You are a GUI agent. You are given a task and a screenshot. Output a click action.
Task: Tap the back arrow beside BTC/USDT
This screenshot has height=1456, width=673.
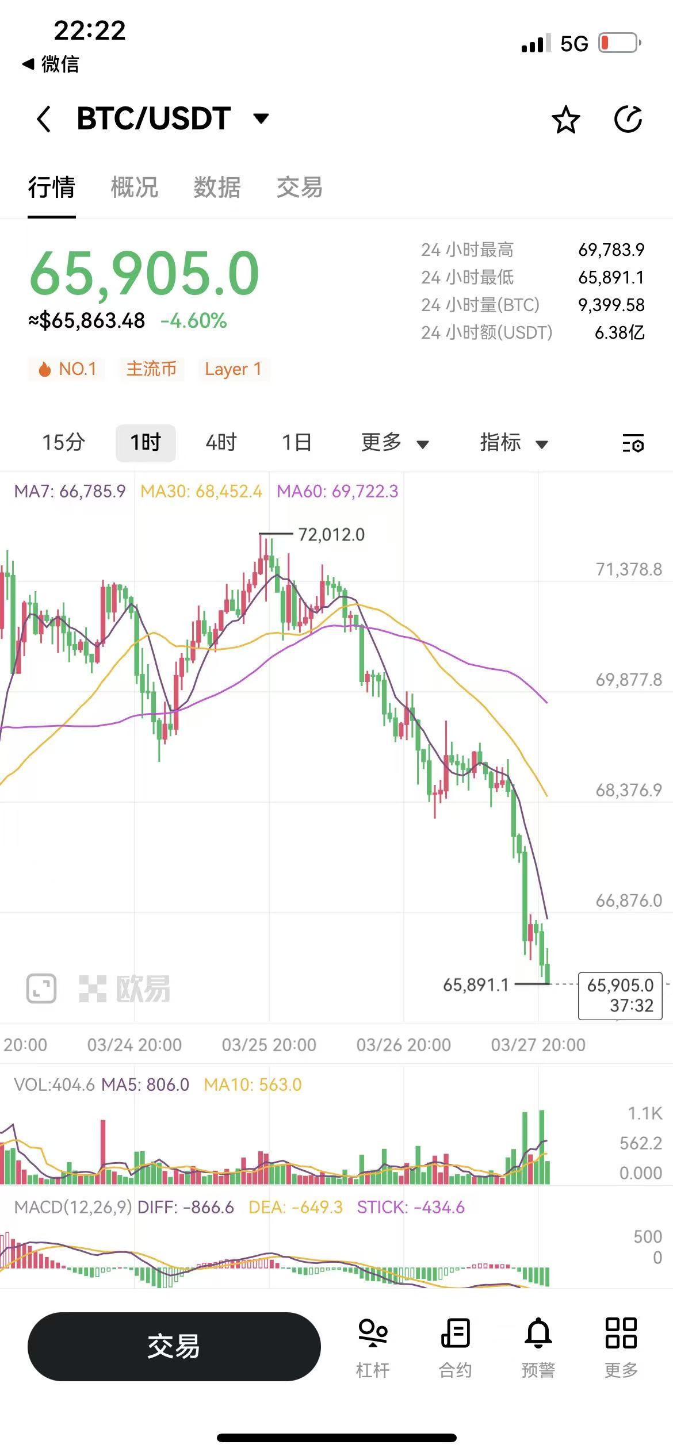coord(44,119)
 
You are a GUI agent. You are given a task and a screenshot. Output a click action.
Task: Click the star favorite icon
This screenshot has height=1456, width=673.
coord(565,120)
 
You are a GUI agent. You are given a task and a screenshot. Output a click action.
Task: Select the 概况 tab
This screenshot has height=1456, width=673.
coord(134,187)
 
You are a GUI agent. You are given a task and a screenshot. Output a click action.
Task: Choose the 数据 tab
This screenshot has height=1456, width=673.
coord(217,187)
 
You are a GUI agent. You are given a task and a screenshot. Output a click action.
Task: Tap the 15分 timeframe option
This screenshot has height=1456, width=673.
coord(63,443)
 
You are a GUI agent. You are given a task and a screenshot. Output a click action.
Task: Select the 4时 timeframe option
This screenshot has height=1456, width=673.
coord(221,443)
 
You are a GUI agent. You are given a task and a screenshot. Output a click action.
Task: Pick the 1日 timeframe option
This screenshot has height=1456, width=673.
coord(297,443)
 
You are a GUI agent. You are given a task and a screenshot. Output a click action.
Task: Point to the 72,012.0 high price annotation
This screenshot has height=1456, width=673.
coord(331,535)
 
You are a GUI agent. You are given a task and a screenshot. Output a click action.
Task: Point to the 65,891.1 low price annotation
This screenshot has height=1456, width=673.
coord(476,985)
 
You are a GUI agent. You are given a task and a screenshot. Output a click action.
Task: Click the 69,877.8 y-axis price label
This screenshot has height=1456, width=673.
coord(629,680)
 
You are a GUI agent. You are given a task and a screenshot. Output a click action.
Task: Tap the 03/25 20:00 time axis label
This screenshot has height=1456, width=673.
coord(269,1045)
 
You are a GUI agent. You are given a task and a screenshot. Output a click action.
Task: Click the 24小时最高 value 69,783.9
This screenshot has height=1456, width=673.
coord(611,250)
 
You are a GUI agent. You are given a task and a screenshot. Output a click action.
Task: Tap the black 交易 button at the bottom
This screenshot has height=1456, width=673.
coord(174,1347)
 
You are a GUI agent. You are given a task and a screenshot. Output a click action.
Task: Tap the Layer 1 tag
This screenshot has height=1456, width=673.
coord(233,369)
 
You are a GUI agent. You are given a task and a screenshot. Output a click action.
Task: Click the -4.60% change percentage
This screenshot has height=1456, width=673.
coord(194,321)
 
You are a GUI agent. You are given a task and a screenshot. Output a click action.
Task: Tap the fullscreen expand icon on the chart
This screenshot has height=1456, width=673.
coord(41,988)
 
